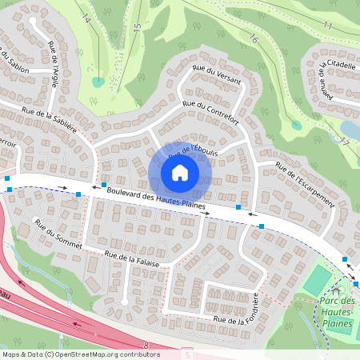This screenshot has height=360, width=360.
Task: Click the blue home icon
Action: click(x=180, y=173)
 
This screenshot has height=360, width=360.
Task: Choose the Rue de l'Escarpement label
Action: click(x=304, y=186)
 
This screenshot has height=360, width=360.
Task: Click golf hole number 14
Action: click(x=86, y=18)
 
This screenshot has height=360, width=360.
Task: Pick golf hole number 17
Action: click(x=346, y=141)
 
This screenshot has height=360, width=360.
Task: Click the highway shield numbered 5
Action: click(x=187, y=354)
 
